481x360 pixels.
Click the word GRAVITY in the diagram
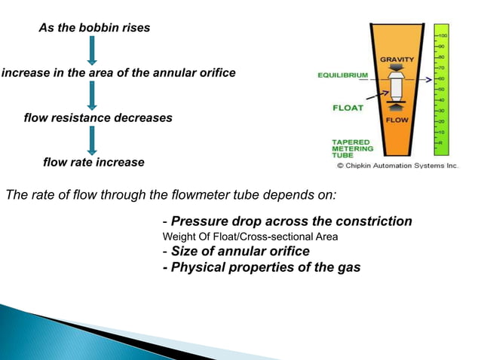point(396,59)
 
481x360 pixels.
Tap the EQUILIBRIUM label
point(342,75)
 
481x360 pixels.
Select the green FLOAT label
point(348,108)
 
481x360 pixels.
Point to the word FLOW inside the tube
point(397,121)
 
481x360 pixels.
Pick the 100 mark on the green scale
point(444,35)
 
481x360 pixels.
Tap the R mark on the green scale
point(442,142)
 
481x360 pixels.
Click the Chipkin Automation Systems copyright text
point(397,165)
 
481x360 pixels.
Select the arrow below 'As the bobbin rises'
point(92,50)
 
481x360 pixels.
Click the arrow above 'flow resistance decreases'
point(92,96)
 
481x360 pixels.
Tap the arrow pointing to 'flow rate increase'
point(92,140)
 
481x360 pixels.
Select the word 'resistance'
point(79,118)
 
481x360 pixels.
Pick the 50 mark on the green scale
point(443,89)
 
